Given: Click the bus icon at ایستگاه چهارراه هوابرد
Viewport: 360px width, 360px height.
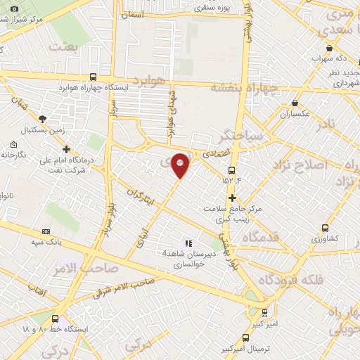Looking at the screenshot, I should point(94,77).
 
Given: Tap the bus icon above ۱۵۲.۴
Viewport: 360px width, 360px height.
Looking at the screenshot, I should point(232,170).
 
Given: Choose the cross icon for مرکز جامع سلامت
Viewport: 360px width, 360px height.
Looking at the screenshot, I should point(231,198).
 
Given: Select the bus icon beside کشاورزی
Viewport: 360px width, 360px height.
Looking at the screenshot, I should point(325,228).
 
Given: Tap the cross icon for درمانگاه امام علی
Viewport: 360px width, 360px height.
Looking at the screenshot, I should point(66,149).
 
